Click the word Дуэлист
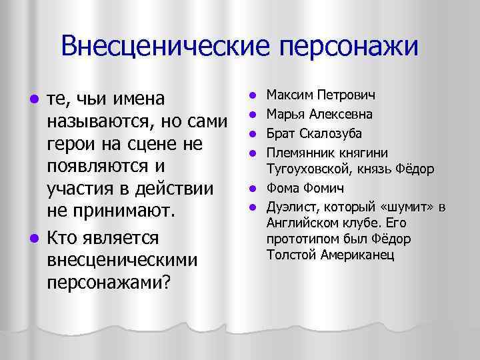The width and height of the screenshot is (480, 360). [x=290, y=207]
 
